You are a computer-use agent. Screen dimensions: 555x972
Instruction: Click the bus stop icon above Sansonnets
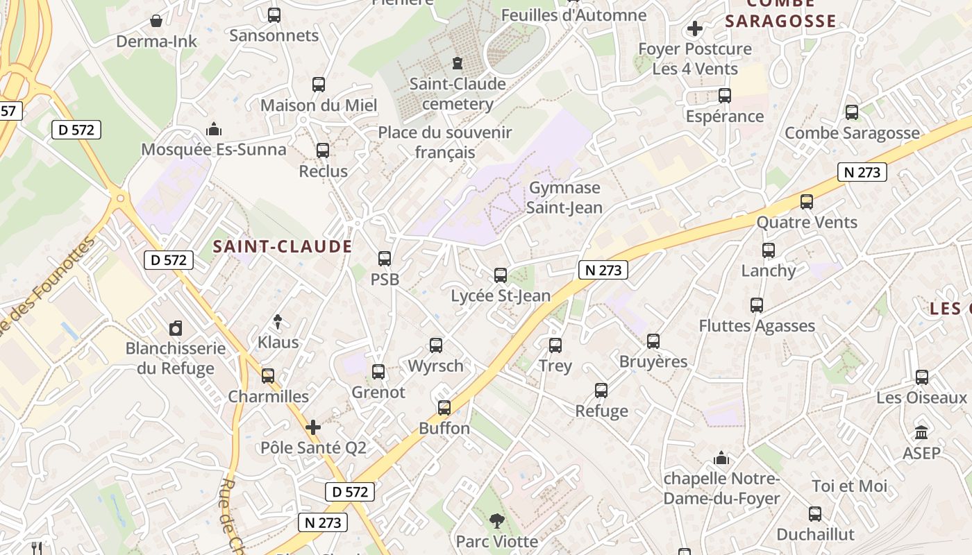pos(274,15)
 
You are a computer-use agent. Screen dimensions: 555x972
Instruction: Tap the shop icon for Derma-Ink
pos(156,21)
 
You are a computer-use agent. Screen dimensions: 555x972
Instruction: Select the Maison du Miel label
pos(319,105)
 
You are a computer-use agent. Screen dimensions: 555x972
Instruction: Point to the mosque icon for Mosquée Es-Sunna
pos(214,129)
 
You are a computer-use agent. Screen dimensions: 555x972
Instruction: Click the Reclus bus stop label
pos(323,171)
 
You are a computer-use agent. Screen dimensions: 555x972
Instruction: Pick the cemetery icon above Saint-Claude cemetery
pos(457,64)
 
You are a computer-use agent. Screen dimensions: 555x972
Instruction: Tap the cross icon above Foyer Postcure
pos(694,29)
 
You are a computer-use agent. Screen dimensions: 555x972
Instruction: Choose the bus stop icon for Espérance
pos(725,96)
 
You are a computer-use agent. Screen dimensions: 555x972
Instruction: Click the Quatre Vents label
pos(807,223)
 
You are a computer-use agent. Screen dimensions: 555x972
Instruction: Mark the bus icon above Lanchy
pos(769,250)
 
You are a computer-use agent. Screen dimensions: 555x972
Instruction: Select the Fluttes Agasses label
pos(757,325)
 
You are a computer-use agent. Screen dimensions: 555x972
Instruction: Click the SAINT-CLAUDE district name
pos(283,246)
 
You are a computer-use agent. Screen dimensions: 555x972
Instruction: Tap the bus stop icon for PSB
pos(385,259)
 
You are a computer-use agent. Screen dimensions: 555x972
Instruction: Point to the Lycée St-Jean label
pos(501,296)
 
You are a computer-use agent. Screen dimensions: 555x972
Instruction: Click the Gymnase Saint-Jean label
pos(564,198)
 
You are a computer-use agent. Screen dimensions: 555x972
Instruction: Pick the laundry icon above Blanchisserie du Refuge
pos(176,327)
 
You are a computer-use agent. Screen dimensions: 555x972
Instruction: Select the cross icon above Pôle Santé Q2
pos(313,427)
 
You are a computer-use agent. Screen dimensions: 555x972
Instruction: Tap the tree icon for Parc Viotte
pos(496,520)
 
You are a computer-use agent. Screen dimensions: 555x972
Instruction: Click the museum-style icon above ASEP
pos(921,432)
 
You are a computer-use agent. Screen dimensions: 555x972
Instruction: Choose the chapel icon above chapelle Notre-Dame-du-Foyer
pos(721,459)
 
